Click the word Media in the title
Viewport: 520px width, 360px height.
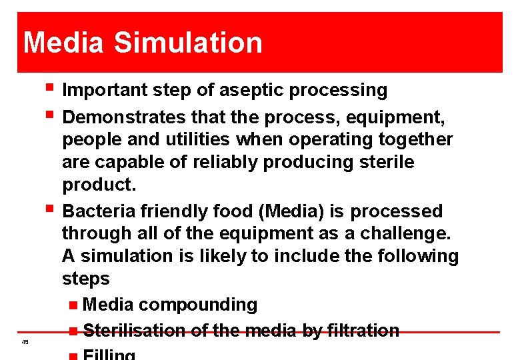point(63,43)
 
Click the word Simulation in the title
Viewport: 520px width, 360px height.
point(188,43)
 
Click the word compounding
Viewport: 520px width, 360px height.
point(198,305)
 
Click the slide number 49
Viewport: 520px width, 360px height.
point(24,341)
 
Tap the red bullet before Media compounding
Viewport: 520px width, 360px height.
point(73,305)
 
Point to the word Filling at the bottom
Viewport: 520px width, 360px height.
point(109,355)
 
